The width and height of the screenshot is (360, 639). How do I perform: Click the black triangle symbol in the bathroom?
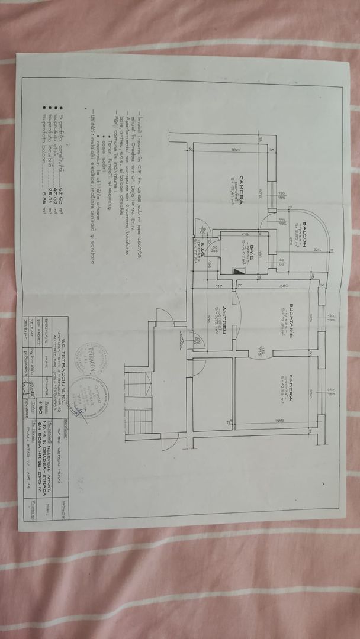point(240,269)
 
